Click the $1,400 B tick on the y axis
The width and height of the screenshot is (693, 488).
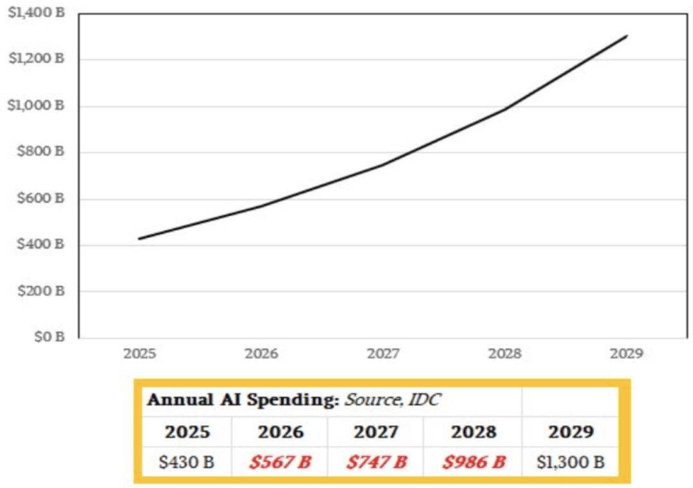coord(37,13)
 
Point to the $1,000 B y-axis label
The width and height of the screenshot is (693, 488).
coord(37,106)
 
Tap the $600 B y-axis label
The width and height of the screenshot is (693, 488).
coord(42,198)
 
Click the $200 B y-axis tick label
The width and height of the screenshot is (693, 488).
coord(42,291)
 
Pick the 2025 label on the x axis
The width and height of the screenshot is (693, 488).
coord(139,353)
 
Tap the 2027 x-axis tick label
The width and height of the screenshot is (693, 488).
coord(383,353)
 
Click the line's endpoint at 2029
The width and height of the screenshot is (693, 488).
coord(627,36)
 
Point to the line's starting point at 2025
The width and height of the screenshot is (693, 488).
coord(139,239)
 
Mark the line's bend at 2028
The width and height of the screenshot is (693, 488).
coord(505,109)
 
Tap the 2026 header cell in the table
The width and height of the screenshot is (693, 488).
coord(280,432)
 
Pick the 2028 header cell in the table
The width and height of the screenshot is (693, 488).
coord(474,432)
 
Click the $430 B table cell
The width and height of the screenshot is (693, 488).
coord(186,462)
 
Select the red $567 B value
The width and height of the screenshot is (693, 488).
coord(280,462)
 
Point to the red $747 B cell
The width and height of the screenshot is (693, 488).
coord(377,462)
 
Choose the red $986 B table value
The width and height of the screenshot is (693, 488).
coord(474,462)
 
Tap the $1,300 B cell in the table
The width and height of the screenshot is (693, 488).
coord(571,462)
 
